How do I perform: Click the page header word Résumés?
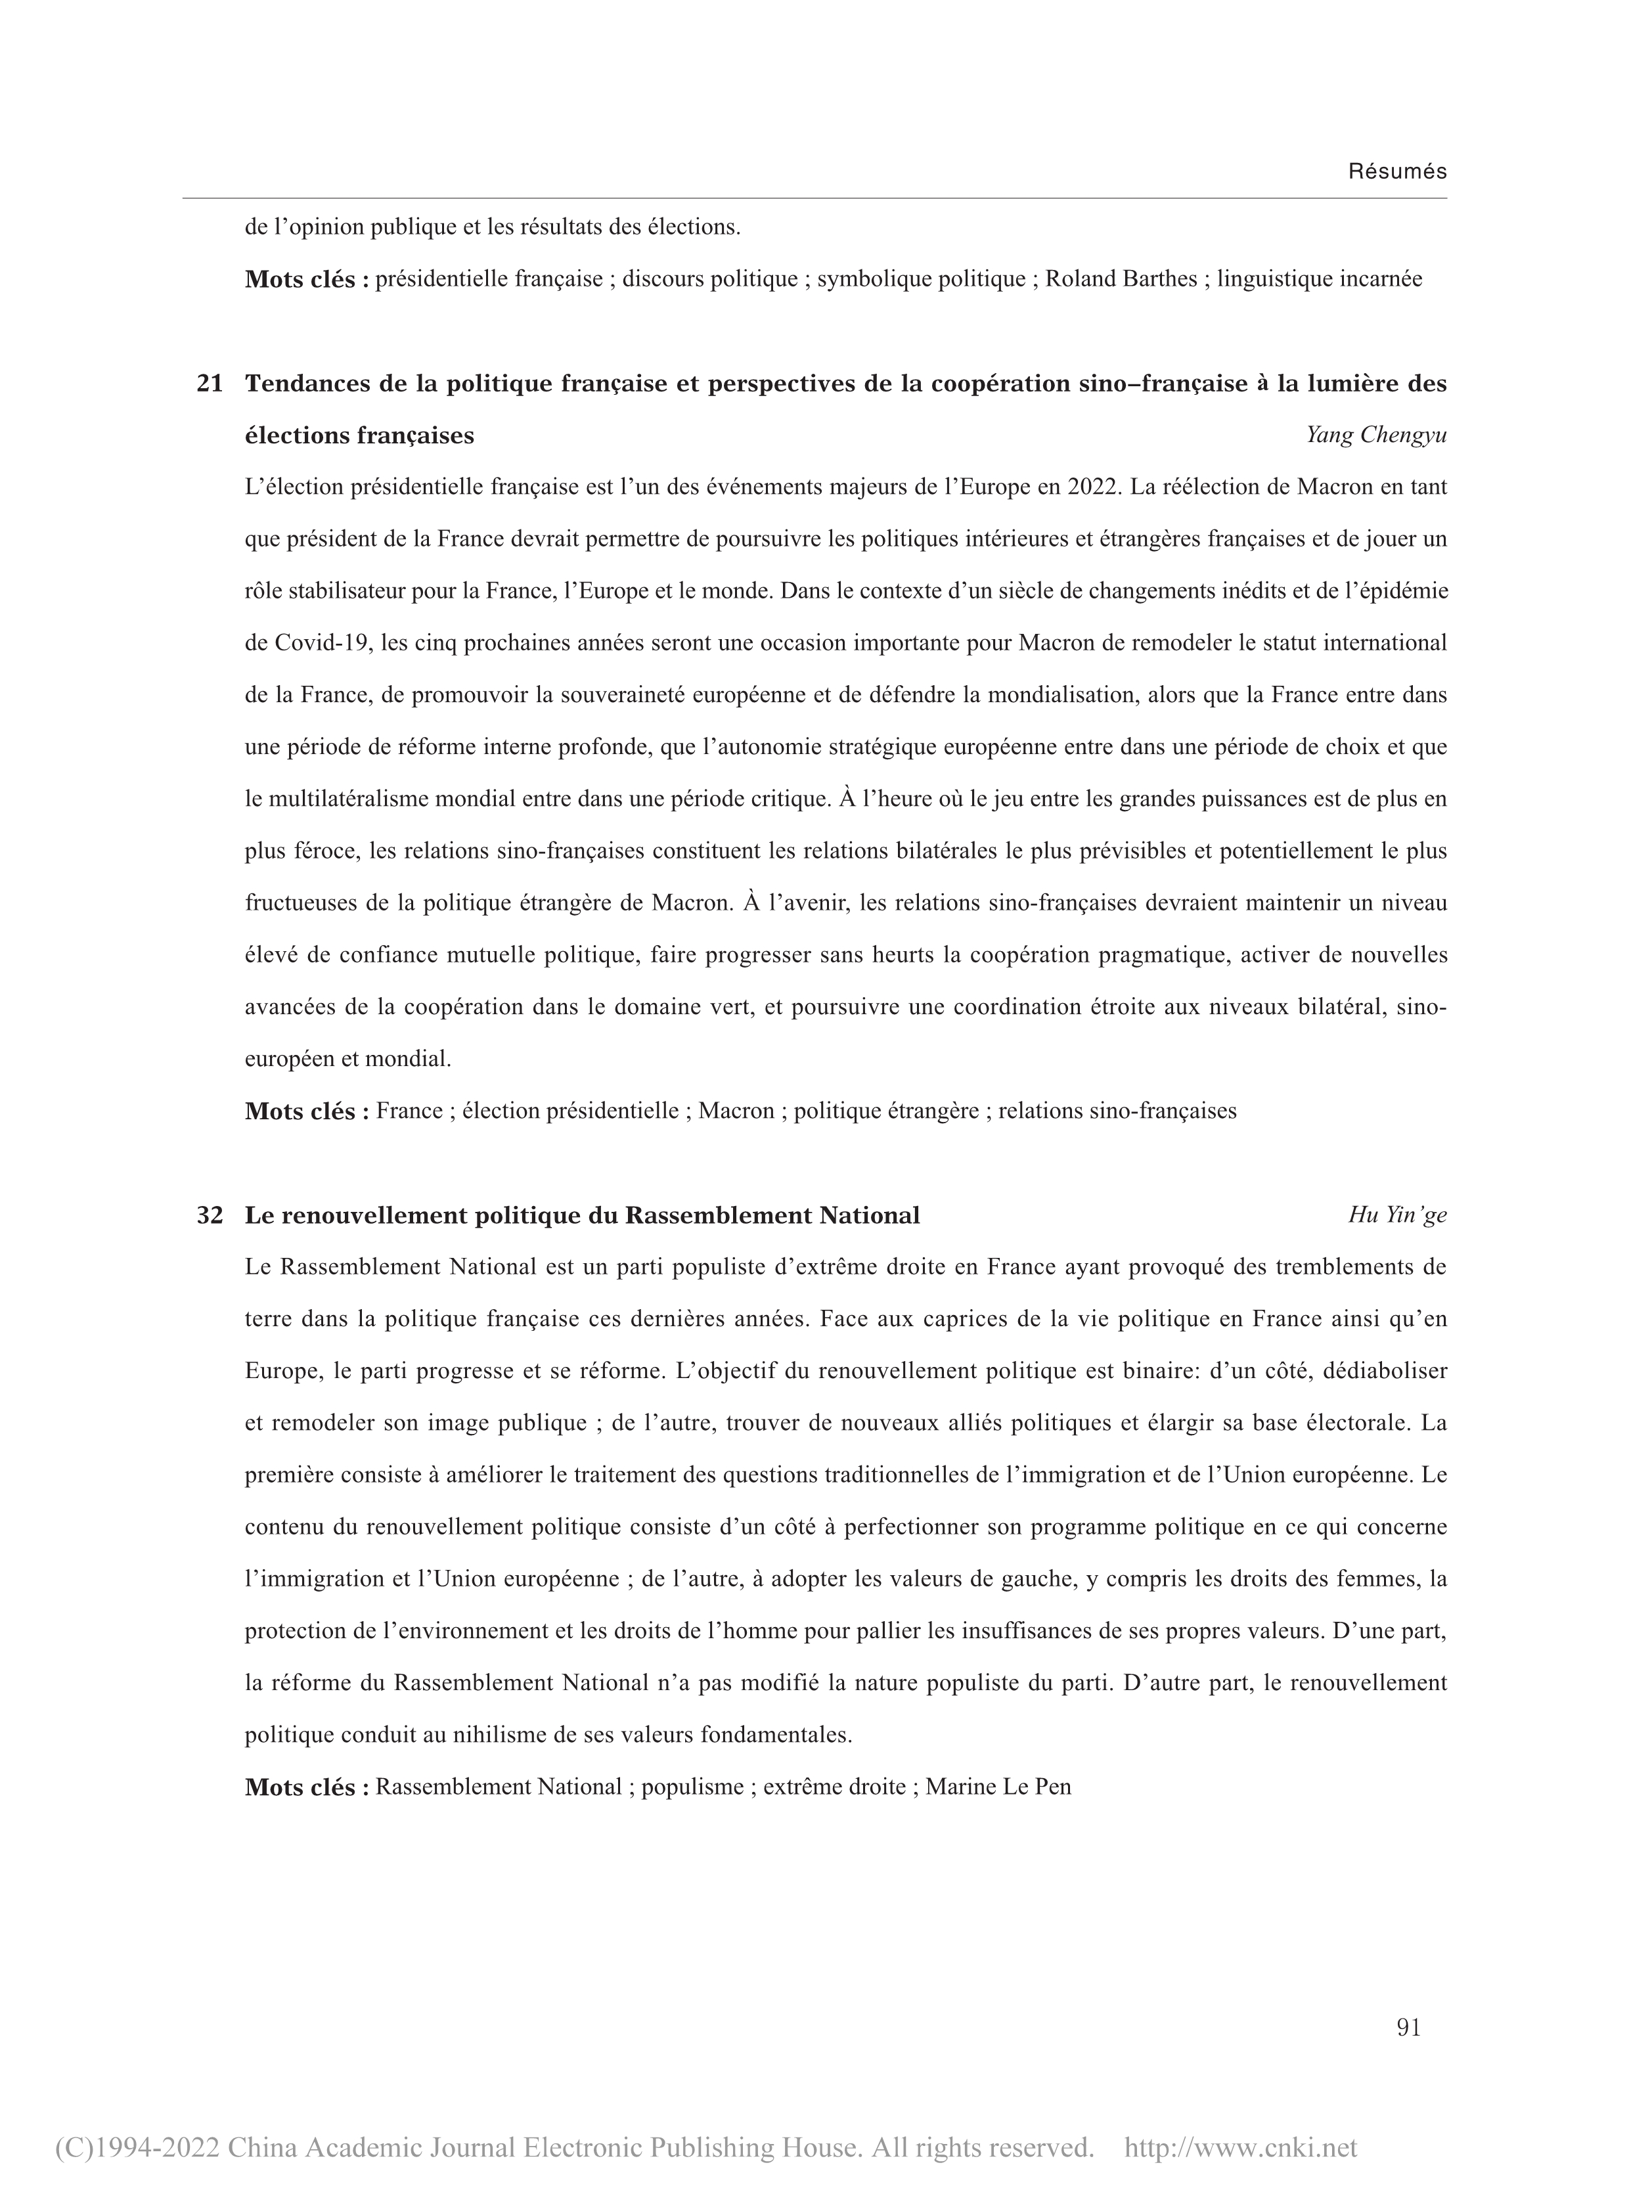coord(1397,171)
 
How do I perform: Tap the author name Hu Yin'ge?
coord(1397,1215)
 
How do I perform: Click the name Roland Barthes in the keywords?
coord(1121,279)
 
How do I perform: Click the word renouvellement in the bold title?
coord(374,1215)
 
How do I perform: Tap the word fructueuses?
coord(309,903)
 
